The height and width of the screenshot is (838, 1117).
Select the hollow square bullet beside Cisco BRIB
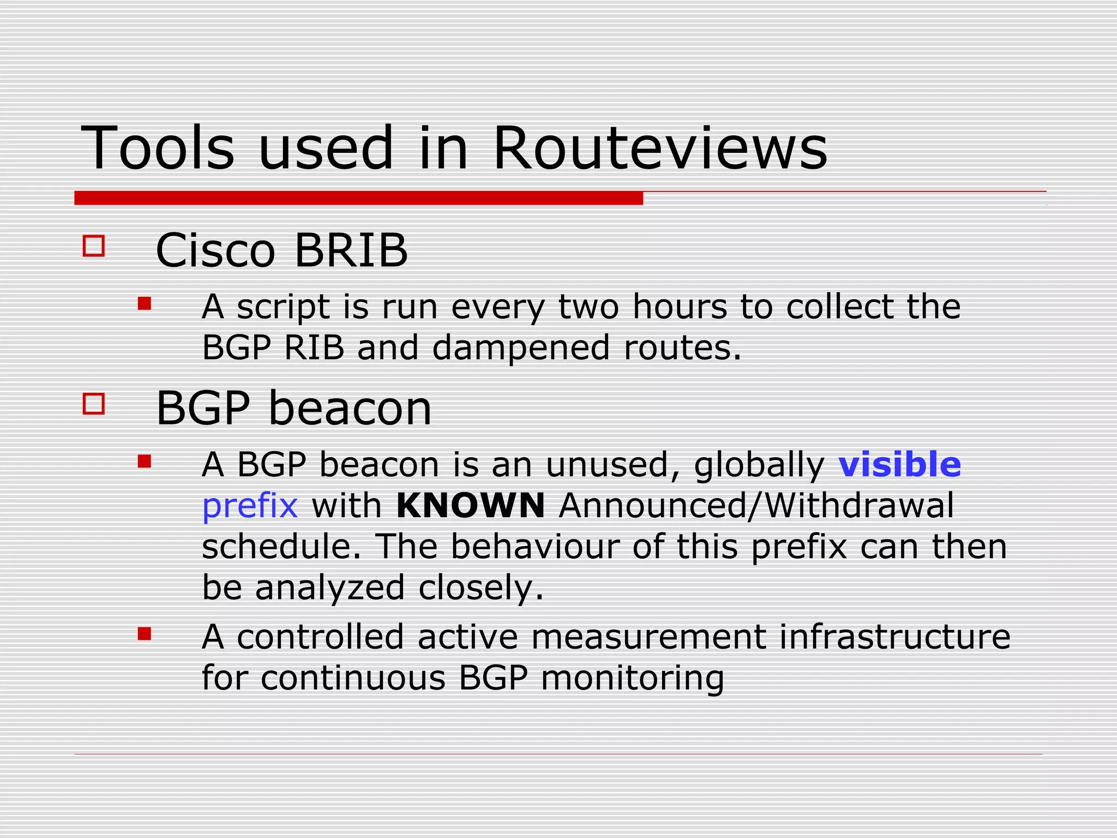(94, 246)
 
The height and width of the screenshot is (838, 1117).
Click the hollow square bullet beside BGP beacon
(94, 404)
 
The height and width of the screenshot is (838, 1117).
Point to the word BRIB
(351, 250)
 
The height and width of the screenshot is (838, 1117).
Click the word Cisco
(215, 250)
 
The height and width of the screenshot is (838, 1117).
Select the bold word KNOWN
(470, 505)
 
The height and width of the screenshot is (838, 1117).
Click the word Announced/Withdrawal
(756, 505)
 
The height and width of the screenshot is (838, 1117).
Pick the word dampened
(521, 348)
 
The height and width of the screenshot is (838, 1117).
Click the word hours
(680, 307)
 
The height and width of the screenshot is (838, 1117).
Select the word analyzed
(329, 588)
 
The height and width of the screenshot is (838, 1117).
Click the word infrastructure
(894, 637)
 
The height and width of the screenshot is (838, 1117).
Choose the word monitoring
(633, 679)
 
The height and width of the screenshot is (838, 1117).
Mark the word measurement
(648, 637)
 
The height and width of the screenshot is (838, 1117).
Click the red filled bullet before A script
(144, 303)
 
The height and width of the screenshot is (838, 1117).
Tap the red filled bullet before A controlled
(144, 633)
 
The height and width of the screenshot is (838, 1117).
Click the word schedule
(281, 546)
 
